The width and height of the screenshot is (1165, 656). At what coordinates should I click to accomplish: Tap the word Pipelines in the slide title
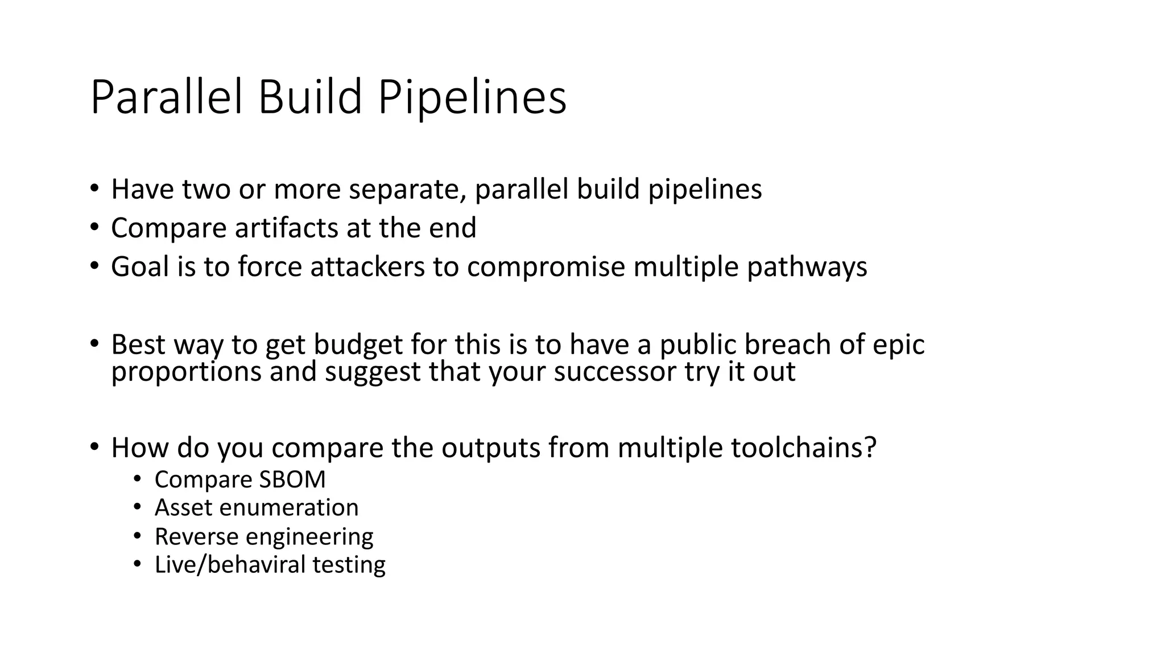point(472,97)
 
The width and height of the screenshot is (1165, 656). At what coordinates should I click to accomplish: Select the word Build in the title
point(310,97)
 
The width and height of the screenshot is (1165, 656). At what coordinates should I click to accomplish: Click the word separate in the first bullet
point(407,189)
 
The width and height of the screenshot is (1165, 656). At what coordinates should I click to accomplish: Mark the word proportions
point(186,371)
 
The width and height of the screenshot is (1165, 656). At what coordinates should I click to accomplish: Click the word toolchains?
point(803,448)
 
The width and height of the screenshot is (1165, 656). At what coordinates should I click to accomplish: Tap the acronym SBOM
point(292,479)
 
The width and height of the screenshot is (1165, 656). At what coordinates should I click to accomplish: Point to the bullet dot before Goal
point(94,266)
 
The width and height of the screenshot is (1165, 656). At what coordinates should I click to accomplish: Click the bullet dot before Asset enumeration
point(137,507)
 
